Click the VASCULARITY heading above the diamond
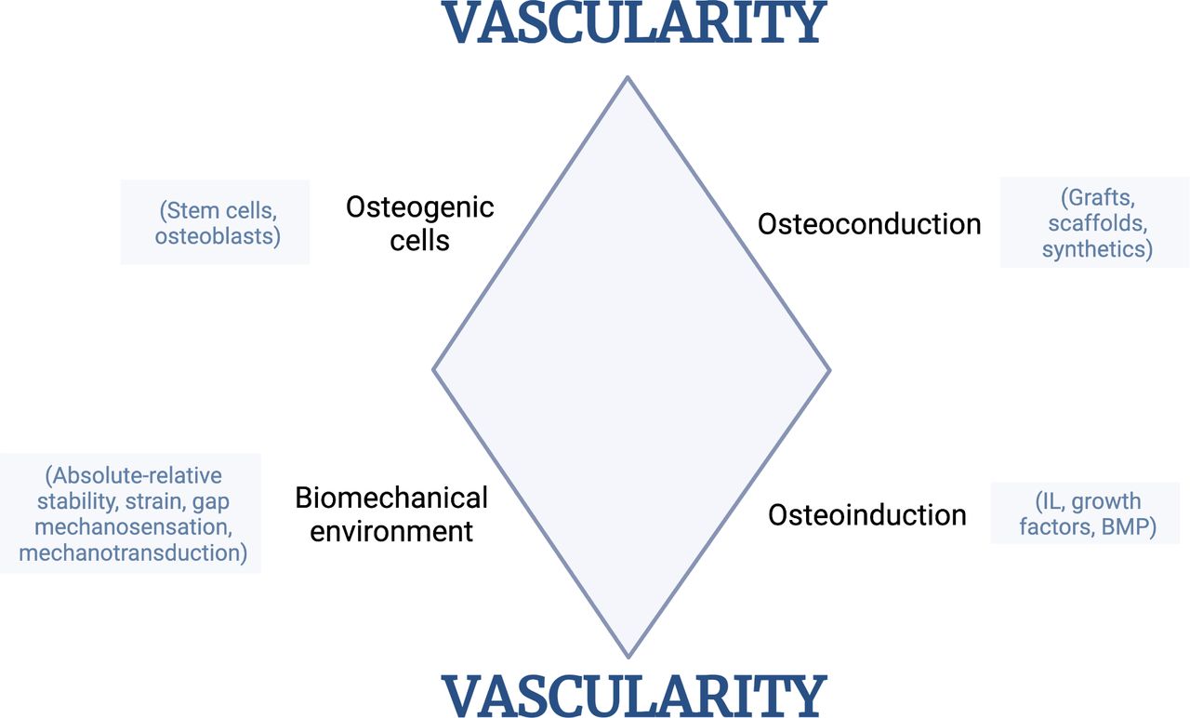coord(634,22)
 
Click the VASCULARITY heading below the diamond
coord(634,695)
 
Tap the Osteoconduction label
coord(869,224)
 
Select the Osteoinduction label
coord(867,515)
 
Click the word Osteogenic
coord(419,207)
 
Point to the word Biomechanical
coord(391,498)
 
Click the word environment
coord(391,531)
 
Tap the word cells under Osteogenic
coord(419,240)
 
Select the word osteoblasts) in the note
coord(218,236)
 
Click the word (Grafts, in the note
coord(1098,198)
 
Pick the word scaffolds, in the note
coord(1098,223)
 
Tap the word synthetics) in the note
coord(1097,249)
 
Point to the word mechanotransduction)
coord(133,552)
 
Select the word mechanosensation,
coord(133,527)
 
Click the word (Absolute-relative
coord(133,475)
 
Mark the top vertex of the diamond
coord(628,77)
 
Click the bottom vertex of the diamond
coord(628,658)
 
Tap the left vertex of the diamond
coord(433,370)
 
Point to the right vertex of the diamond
coord(829,370)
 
